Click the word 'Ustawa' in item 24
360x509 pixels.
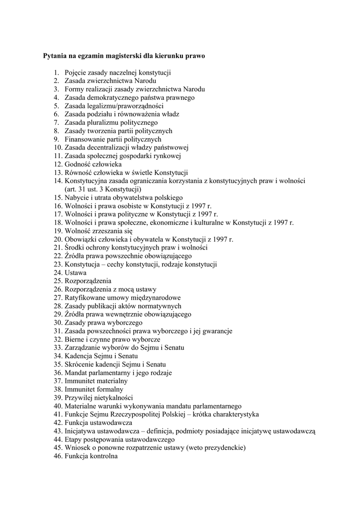pyautogui.click(x=76, y=272)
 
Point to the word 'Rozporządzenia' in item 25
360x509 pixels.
pyautogui.click(x=88, y=281)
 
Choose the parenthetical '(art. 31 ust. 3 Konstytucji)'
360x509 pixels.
pyautogui.click(x=103, y=189)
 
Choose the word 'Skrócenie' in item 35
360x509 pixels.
pyautogui.click(x=80, y=364)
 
